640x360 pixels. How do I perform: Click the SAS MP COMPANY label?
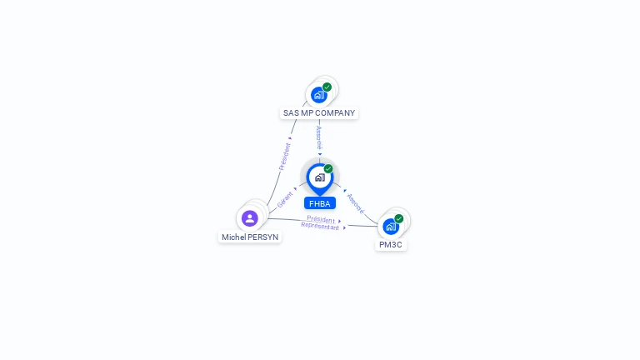tap(319, 112)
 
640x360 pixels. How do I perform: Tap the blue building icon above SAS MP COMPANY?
tap(318, 95)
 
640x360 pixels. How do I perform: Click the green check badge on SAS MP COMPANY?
tap(327, 87)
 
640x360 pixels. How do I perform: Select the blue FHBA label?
tap(319, 203)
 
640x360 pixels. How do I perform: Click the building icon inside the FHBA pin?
tap(319, 177)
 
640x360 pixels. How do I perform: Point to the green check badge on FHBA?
tap(328, 168)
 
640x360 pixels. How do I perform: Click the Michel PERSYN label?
tap(250, 237)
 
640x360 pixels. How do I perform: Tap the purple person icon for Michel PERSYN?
tap(249, 218)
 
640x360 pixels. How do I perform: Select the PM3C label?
tap(391, 245)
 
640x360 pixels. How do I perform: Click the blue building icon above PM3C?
tap(390, 227)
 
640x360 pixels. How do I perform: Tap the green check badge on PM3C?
tap(399, 218)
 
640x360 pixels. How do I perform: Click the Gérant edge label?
tap(285, 200)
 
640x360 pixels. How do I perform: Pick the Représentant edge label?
tap(320, 226)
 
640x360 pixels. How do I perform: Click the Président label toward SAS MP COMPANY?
tap(285, 157)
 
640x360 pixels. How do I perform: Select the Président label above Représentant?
tap(321, 219)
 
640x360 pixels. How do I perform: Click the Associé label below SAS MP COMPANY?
tap(319, 137)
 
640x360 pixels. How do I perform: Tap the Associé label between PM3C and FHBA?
tap(355, 203)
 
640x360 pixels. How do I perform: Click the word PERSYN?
tap(263, 237)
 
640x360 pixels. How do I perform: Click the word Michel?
tap(233, 237)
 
